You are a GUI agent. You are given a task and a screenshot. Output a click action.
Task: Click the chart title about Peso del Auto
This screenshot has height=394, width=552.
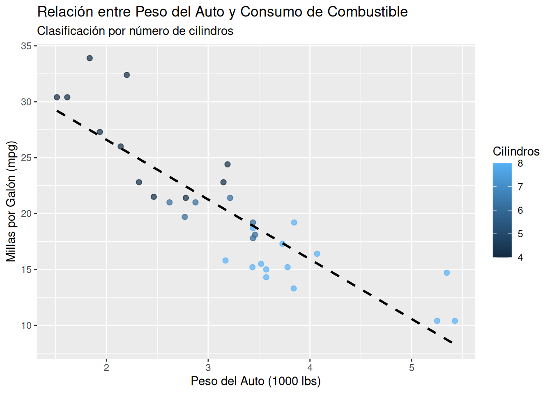(222, 12)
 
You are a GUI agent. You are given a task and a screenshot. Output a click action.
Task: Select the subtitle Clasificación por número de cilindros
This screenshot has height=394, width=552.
(135, 31)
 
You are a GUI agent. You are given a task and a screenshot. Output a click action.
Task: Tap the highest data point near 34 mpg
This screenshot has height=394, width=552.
(90, 58)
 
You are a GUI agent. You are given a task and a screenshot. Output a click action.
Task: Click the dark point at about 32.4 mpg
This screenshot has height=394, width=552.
(127, 75)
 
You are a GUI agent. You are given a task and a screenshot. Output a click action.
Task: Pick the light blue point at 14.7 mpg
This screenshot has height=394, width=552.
(447, 273)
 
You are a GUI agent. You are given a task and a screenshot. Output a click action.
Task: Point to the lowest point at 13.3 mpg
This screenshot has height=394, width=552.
(294, 289)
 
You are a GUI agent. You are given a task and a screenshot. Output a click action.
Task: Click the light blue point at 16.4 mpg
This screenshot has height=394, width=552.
(317, 254)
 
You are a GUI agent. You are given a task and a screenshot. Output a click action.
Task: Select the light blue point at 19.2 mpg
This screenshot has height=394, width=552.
(294, 222)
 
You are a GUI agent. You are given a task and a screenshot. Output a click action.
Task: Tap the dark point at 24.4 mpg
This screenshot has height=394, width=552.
(228, 165)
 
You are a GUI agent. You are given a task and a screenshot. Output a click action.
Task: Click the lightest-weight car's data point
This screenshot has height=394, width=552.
(57, 97)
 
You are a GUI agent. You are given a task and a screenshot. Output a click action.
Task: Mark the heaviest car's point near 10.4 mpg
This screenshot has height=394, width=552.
(455, 321)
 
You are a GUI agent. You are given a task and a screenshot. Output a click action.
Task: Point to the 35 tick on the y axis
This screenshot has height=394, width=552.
(27, 46)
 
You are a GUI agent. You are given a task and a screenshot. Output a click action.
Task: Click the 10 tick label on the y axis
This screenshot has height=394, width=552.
(27, 326)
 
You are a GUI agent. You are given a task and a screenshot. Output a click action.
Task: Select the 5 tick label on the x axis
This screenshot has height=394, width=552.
(412, 368)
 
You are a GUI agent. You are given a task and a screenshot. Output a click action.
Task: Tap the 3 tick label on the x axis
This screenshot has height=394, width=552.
(208, 368)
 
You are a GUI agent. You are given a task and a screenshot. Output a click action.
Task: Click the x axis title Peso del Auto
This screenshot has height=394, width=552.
(255, 381)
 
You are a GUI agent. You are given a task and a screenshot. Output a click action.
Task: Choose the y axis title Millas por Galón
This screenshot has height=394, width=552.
(11, 201)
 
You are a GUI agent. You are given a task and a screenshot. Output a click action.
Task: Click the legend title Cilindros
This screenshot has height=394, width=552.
(516, 151)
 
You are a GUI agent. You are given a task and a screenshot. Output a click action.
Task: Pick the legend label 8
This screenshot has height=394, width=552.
(520, 164)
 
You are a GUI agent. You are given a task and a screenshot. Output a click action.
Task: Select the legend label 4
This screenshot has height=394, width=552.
(520, 258)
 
